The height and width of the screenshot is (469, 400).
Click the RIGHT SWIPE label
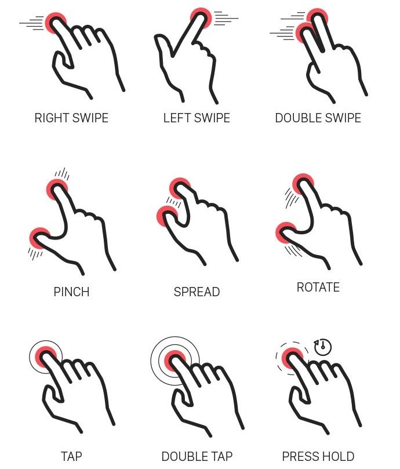tap(71, 118)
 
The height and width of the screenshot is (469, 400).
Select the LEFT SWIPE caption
tap(197, 118)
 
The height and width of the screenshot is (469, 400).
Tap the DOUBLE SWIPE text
tap(318, 118)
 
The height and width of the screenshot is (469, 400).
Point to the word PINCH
tap(71, 292)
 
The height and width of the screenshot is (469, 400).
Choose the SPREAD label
tap(197, 292)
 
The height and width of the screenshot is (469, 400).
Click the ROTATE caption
tap(318, 287)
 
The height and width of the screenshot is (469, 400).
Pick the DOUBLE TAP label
tap(197, 456)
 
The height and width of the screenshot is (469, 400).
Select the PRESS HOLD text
tap(318, 456)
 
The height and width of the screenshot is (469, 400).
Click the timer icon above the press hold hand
tap(322, 347)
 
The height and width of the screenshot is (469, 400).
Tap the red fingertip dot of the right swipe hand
tap(56, 23)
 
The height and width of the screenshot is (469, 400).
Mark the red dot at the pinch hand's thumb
tap(40, 238)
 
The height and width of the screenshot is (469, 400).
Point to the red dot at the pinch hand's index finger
tap(57, 190)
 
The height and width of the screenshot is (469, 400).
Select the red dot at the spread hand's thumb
tap(168, 217)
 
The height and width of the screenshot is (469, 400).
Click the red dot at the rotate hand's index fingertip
tap(303, 184)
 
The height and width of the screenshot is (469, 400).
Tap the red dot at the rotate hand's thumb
tap(286, 233)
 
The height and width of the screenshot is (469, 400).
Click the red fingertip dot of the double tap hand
tap(175, 361)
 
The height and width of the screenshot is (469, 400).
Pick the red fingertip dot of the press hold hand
tap(293, 358)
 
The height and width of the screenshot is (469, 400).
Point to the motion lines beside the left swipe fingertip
tap(227, 19)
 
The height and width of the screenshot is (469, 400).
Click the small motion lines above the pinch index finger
tap(62, 173)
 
